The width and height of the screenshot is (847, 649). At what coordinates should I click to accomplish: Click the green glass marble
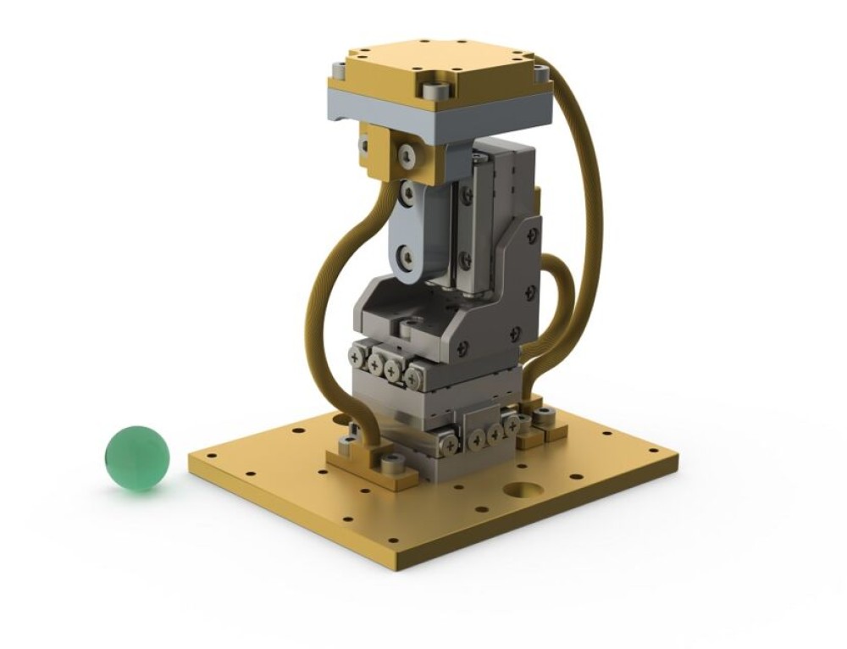[136, 458]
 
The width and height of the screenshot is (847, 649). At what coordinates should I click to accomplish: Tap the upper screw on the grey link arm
[408, 194]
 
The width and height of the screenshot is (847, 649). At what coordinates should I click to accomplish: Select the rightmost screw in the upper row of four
[412, 376]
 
